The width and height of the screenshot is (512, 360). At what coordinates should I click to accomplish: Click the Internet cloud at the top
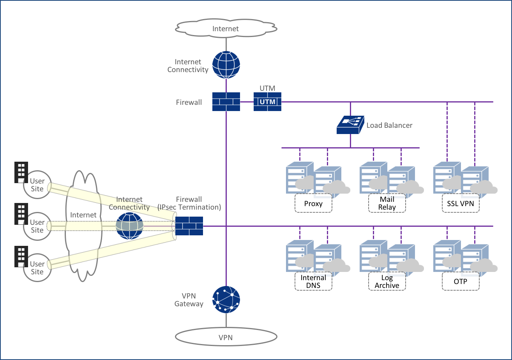(226, 28)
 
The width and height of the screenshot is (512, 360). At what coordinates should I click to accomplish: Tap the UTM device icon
(267, 102)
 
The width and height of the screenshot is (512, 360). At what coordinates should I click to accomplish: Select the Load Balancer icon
(350, 125)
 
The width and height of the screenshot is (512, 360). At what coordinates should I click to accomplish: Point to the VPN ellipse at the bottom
(226, 337)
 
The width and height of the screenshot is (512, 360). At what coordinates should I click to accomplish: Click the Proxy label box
(313, 203)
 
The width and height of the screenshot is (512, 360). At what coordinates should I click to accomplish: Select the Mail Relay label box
(387, 203)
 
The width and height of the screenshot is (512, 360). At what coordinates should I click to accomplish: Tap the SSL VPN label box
(461, 203)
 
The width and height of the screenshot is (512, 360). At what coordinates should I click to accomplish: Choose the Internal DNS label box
(313, 281)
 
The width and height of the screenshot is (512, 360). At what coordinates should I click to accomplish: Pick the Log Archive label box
(387, 281)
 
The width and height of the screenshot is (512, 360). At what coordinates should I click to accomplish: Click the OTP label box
(461, 281)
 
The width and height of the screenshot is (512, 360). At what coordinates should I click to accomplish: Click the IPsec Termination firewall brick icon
(189, 226)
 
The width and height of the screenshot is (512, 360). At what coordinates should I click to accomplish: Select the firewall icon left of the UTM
(226, 102)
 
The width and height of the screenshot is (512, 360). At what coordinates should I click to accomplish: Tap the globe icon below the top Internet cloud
(226, 65)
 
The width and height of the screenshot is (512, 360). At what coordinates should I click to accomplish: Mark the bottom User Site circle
(37, 267)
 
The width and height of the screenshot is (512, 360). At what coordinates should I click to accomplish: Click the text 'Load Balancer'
(389, 125)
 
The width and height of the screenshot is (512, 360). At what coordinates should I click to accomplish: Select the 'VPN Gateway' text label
(189, 300)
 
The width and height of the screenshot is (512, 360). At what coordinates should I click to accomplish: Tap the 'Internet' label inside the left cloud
(83, 215)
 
